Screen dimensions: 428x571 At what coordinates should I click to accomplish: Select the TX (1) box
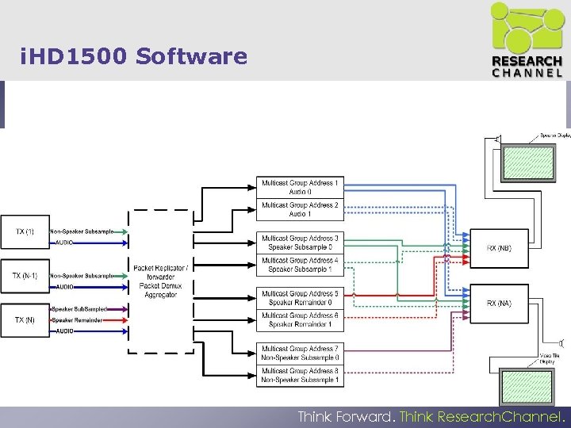pyautogui.click(x=25, y=231)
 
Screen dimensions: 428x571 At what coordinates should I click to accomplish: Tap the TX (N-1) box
pyautogui.click(x=25, y=276)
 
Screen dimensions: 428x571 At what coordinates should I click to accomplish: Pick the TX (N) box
pyautogui.click(x=25, y=320)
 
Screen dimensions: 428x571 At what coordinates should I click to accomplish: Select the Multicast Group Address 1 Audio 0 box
pyautogui.click(x=299, y=188)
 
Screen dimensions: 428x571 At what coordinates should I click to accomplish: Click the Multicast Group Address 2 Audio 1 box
pyautogui.click(x=299, y=210)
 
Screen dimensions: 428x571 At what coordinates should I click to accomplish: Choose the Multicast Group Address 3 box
pyautogui.click(x=299, y=243)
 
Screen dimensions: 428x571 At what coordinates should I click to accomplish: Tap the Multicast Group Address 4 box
pyautogui.click(x=299, y=265)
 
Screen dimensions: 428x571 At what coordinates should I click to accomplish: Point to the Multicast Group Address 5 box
pyautogui.click(x=299, y=298)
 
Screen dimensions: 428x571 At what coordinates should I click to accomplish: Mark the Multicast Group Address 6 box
pyautogui.click(x=299, y=320)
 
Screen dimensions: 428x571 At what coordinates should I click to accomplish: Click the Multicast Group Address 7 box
pyautogui.click(x=299, y=353)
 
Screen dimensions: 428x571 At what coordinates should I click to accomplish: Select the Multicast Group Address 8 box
pyautogui.click(x=299, y=375)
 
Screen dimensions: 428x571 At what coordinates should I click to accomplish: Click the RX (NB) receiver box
pyautogui.click(x=500, y=248)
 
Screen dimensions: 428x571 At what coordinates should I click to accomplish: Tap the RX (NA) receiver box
pyautogui.click(x=500, y=303)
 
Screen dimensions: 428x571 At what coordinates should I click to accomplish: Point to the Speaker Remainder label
pyautogui.click(x=74, y=320)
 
